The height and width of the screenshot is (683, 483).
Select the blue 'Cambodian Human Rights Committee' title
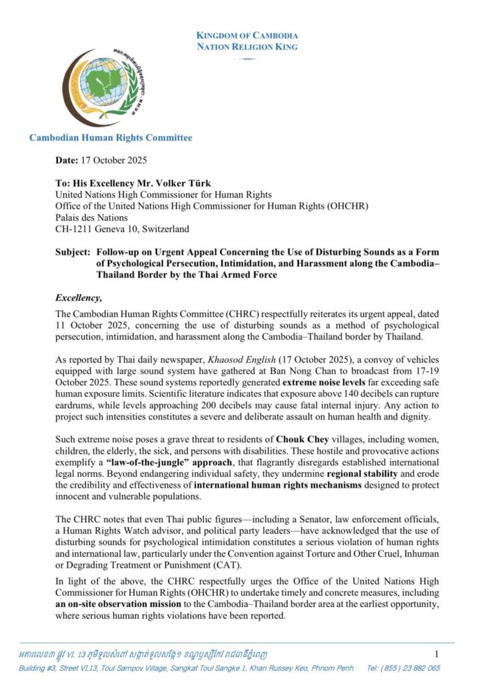[111, 138]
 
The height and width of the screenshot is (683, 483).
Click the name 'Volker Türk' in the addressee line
[190, 183]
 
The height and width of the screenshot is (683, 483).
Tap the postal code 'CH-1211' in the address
[75, 229]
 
